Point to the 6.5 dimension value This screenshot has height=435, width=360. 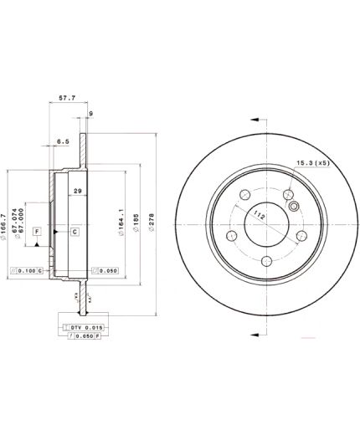click(62, 141)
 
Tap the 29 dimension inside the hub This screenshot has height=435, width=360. click(78, 192)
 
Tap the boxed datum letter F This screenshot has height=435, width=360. click(38, 230)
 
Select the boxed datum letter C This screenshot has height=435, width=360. click(74, 230)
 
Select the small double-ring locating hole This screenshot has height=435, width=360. click(292, 205)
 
